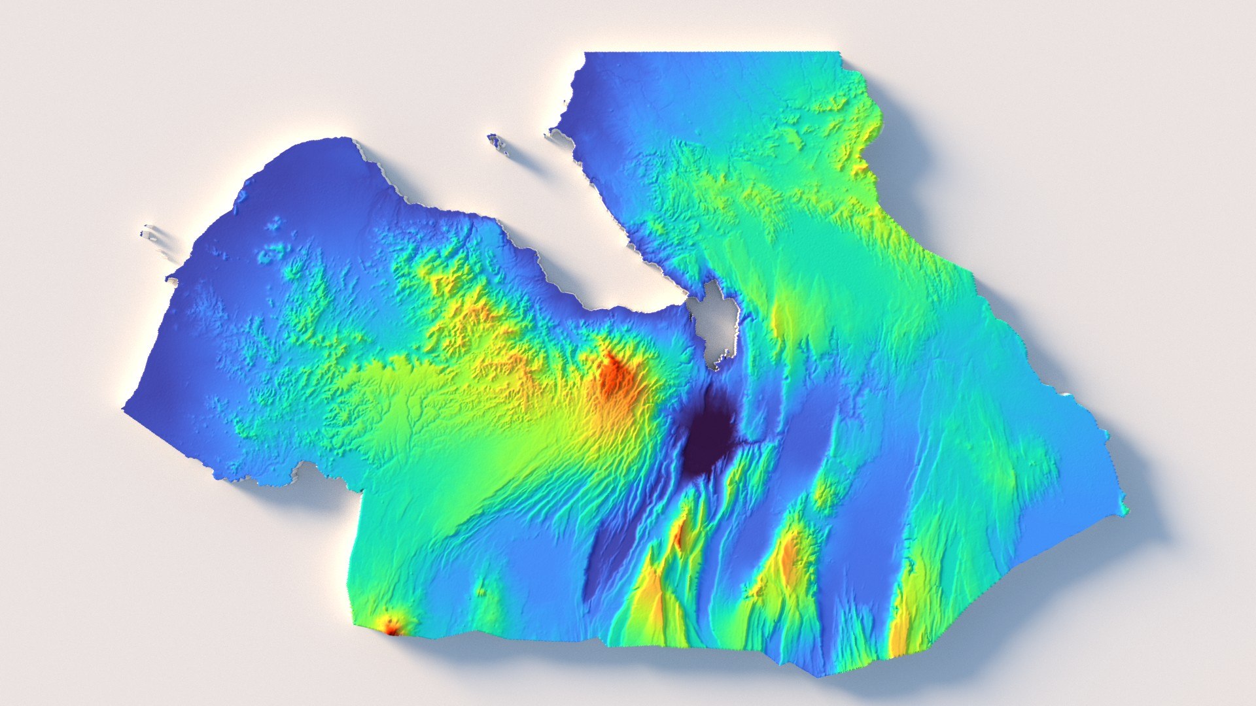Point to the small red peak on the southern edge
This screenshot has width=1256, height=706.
tap(391, 628)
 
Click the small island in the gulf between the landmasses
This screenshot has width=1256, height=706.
tap(497, 142)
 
